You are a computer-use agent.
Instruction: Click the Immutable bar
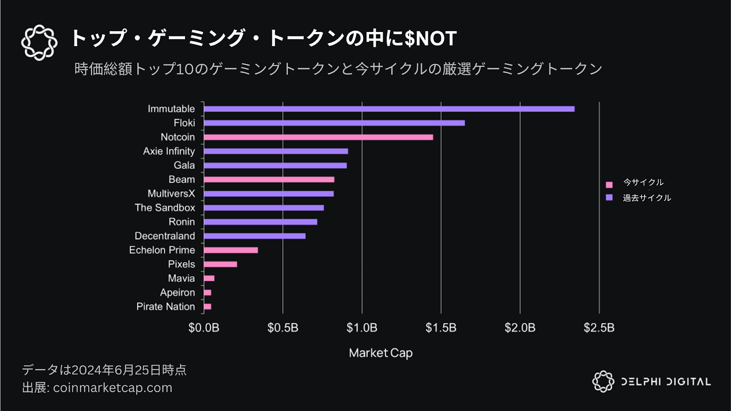[389, 109]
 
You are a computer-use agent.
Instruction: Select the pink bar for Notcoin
[318, 137]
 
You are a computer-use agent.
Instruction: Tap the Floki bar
[334, 123]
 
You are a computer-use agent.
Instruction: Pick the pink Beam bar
[269, 179]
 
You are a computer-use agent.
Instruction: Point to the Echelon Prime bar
[231, 250]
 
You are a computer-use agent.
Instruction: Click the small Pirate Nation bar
[207, 306]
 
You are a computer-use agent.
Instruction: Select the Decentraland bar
[254, 236]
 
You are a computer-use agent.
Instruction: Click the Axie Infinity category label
[169, 151]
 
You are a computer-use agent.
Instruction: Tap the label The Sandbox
[164, 208]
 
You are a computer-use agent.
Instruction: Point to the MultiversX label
[171, 194]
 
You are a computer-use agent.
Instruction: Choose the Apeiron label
[177, 292]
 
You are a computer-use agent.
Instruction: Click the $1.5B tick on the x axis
[441, 328]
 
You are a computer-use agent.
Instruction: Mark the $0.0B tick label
[204, 328]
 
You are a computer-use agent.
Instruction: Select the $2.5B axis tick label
[599, 328]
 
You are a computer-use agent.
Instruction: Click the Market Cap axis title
[381, 353]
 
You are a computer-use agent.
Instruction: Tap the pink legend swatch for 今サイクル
[609, 184]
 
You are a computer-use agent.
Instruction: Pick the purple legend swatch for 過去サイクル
[609, 197]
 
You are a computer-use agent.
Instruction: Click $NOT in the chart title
[430, 38]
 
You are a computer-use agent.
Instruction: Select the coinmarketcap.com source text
[112, 388]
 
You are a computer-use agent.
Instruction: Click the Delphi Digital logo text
[666, 382]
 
